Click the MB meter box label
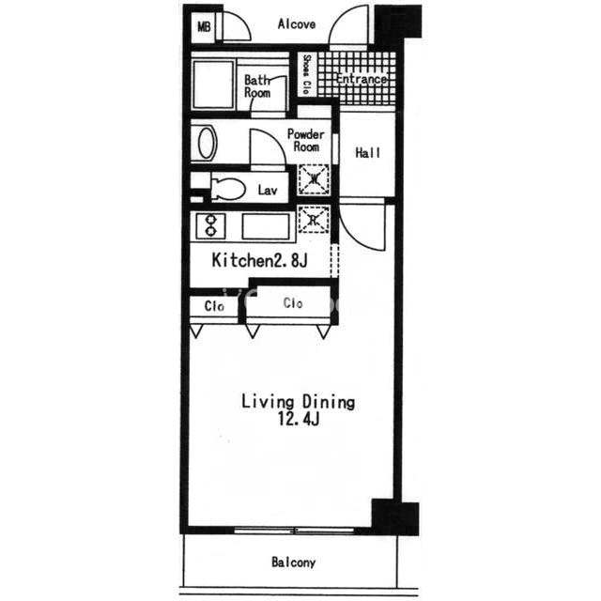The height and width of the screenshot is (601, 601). pyautogui.click(x=204, y=27)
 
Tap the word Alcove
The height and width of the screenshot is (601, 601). pyautogui.click(x=297, y=24)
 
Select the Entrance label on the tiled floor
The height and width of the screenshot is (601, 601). pyautogui.click(x=361, y=79)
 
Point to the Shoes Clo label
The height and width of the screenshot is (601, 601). pyautogui.click(x=307, y=74)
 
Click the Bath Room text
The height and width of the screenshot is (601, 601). pyautogui.click(x=257, y=86)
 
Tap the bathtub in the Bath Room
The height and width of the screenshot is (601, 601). pyautogui.click(x=213, y=85)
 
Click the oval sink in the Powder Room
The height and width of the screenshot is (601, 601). pyautogui.click(x=207, y=143)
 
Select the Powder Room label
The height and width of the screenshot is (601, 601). pyautogui.click(x=306, y=140)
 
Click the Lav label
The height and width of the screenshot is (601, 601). pyautogui.click(x=267, y=190)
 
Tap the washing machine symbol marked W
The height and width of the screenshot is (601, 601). pyautogui.click(x=314, y=179)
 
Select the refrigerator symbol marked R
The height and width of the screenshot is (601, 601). pyautogui.click(x=314, y=220)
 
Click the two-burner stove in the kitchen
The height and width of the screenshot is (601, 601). pyautogui.click(x=210, y=226)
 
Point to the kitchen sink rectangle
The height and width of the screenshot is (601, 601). pyautogui.click(x=266, y=227)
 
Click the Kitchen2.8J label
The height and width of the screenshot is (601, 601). pyautogui.click(x=259, y=260)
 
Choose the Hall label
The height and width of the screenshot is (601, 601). pyautogui.click(x=367, y=152)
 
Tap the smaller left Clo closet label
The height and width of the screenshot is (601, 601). pyautogui.click(x=214, y=306)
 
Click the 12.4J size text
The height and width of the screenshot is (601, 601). pyautogui.click(x=299, y=420)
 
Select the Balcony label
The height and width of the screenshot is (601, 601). pyautogui.click(x=294, y=562)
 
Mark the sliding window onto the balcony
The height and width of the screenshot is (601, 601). pyautogui.click(x=294, y=531)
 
